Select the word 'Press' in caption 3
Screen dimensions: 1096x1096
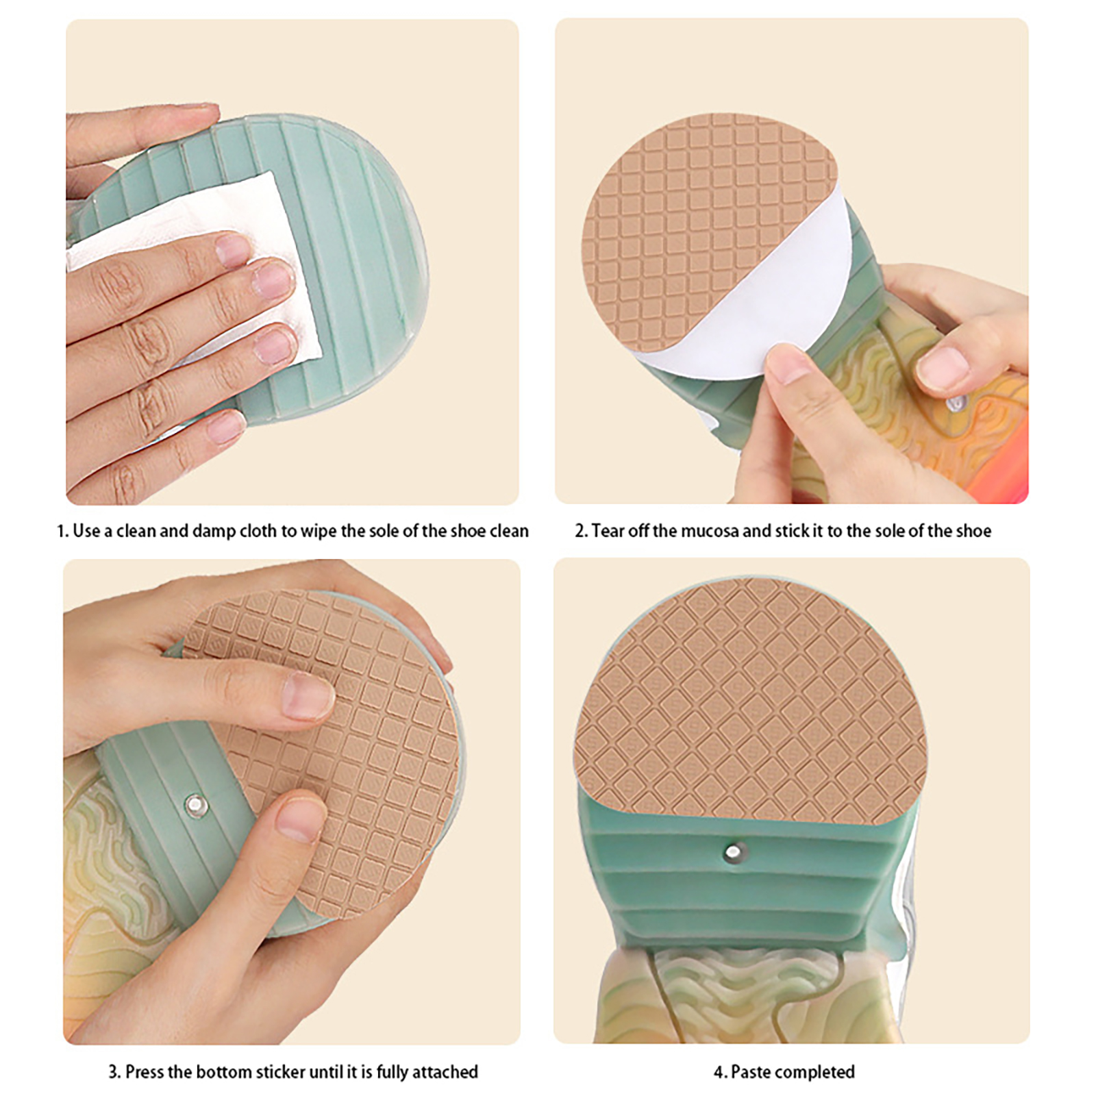click(144, 1071)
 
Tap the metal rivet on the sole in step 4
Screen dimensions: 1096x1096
click(733, 852)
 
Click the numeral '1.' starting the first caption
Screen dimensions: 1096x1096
click(62, 531)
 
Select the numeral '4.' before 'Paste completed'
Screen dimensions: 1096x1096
click(720, 1072)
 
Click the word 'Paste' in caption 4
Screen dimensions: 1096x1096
click(751, 1072)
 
